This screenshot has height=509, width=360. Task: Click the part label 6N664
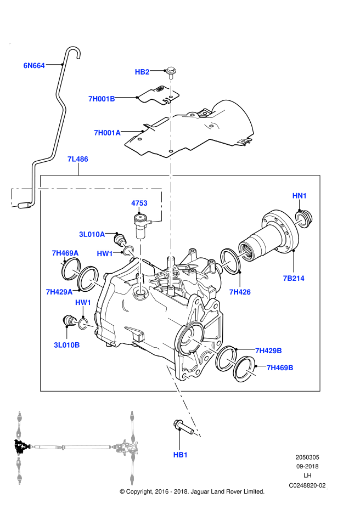pyautogui.click(x=33, y=66)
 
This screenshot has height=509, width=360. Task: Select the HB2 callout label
pyautogui.click(x=142, y=72)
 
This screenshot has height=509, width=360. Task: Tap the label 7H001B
pyautogui.click(x=102, y=99)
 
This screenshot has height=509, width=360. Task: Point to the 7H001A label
pyautogui.click(x=106, y=132)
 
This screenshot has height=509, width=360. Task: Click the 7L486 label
pyautogui.click(x=77, y=159)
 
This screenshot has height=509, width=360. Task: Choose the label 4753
pyautogui.click(x=139, y=203)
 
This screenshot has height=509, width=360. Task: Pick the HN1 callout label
pyautogui.click(x=299, y=196)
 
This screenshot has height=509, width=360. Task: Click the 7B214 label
pyautogui.click(x=294, y=278)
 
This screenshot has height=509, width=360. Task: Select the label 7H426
pyautogui.click(x=240, y=292)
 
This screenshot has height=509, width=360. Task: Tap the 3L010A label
pyautogui.click(x=92, y=234)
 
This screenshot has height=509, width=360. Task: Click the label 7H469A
pyautogui.click(x=65, y=253)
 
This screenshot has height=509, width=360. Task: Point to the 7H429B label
pyautogui.click(x=268, y=350)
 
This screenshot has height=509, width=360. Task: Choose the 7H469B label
pyautogui.click(x=280, y=367)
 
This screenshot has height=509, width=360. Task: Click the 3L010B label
pyautogui.click(x=67, y=345)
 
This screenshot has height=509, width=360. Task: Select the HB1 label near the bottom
pyautogui.click(x=180, y=455)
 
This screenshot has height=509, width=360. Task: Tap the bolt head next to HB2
pyautogui.click(x=171, y=70)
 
